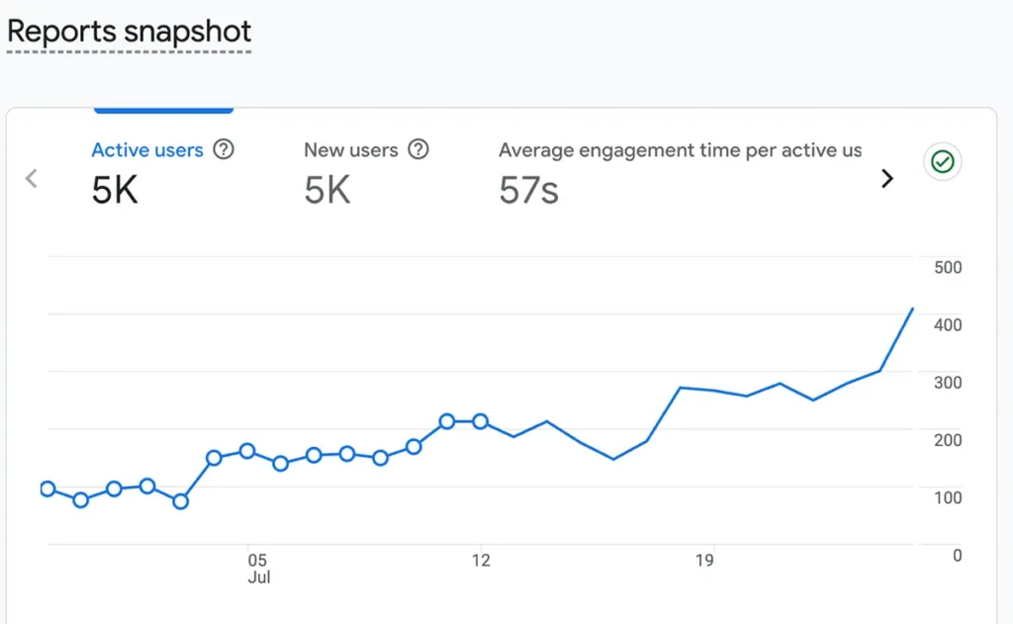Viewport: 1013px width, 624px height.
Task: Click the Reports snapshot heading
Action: (130, 32)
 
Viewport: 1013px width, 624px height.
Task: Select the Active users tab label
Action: (147, 150)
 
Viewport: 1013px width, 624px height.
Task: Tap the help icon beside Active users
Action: (224, 149)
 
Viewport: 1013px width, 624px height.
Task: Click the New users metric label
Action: (351, 150)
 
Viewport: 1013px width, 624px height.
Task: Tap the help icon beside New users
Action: (418, 149)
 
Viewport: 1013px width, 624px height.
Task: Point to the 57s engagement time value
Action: (528, 190)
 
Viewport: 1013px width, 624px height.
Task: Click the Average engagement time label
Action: (681, 150)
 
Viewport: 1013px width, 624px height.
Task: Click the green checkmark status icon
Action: (943, 161)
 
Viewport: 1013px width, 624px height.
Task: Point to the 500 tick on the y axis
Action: (948, 267)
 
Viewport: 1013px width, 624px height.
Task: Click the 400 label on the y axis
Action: (948, 325)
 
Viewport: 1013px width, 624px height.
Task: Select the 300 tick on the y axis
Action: (948, 383)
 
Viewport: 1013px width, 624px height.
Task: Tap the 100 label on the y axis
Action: (948, 498)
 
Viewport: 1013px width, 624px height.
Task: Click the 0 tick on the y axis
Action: (957, 556)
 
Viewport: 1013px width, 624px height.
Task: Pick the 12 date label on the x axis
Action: (481, 560)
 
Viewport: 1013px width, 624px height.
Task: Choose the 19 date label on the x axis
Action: (704, 560)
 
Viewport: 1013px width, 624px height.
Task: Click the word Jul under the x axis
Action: (258, 578)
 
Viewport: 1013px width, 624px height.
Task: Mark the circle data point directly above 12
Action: (480, 422)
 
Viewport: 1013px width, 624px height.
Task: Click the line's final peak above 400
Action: (912, 309)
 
